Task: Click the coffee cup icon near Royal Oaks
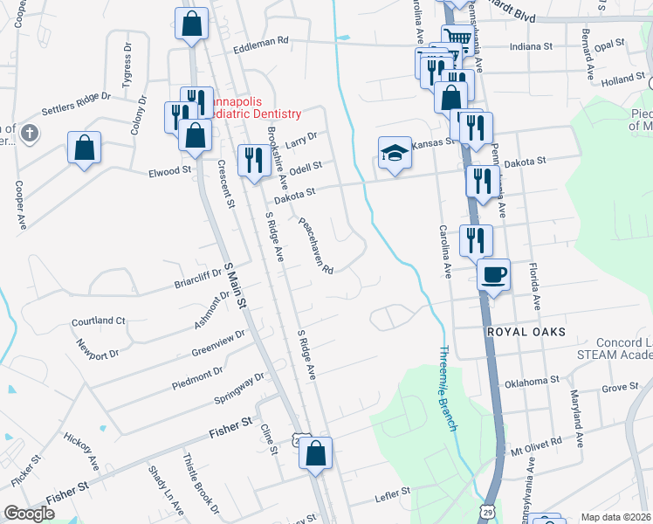coord(493,275)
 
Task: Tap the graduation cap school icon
coord(395,154)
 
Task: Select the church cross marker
coord(30,134)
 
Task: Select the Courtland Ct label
coord(99,321)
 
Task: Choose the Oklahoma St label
coord(532,381)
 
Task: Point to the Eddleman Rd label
coord(260,41)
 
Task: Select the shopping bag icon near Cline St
coord(316,452)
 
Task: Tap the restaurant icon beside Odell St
coord(254,160)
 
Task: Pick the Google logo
coord(29,514)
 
